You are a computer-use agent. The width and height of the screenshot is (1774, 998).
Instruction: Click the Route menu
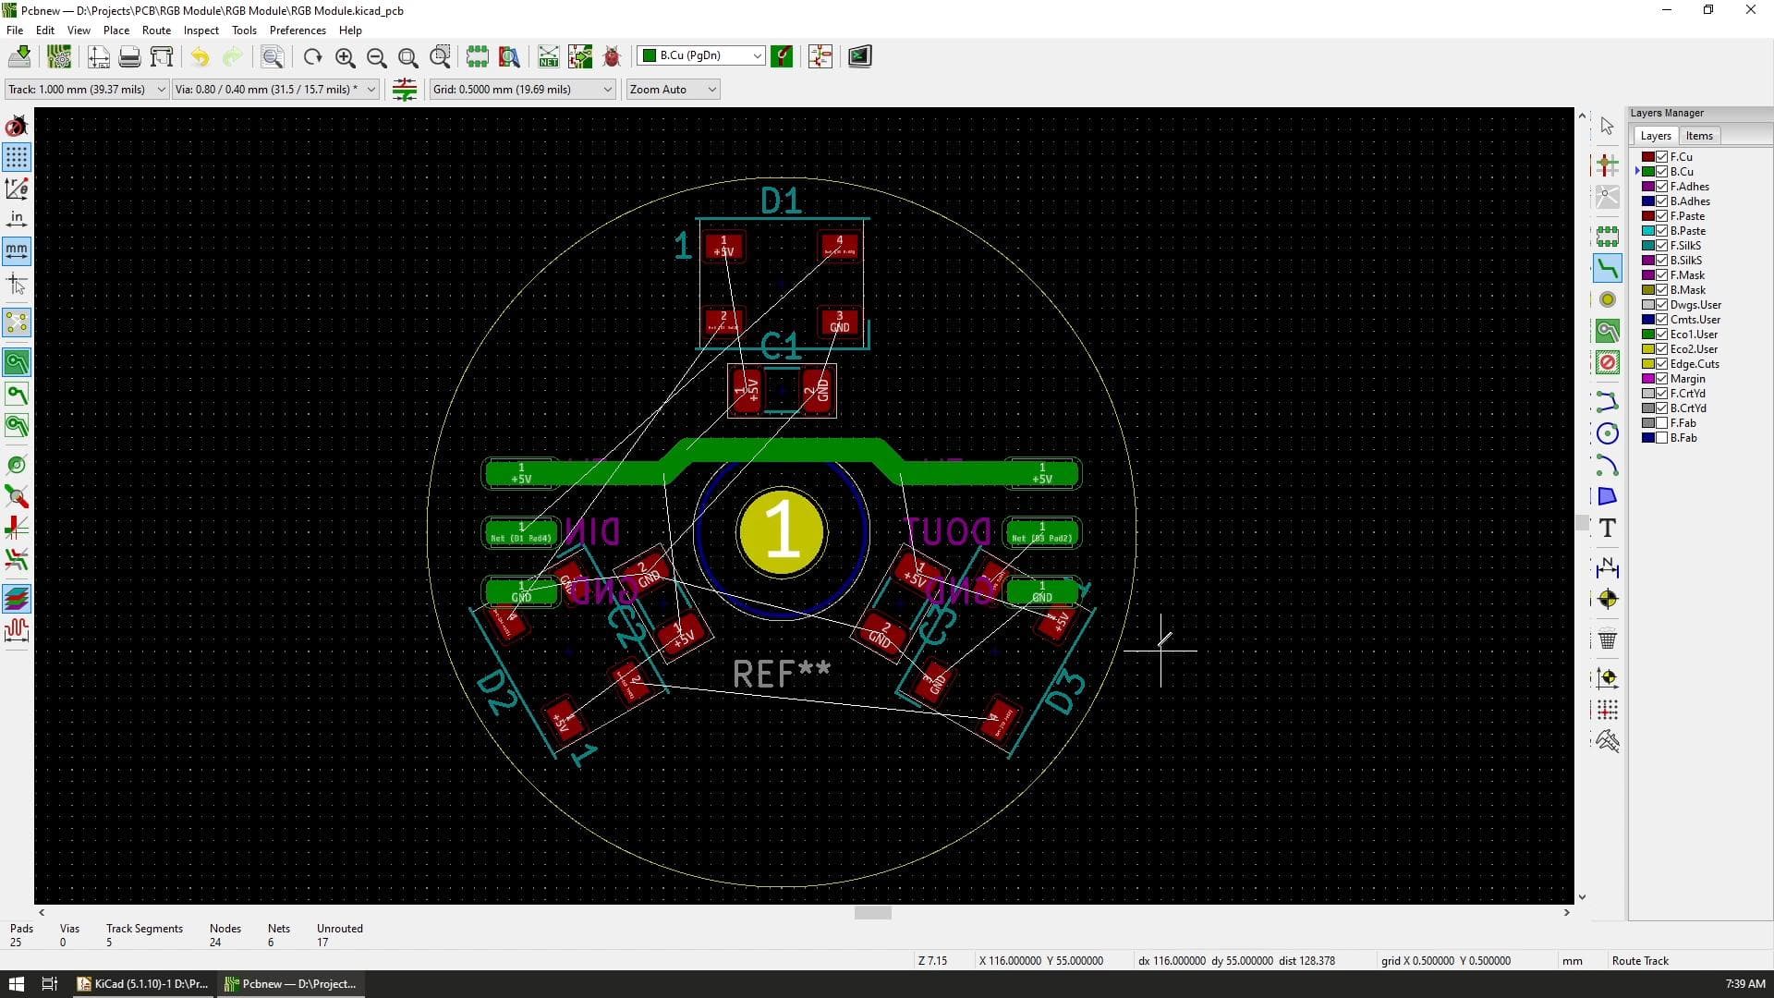(156, 30)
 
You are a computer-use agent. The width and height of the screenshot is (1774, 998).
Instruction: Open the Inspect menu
(200, 30)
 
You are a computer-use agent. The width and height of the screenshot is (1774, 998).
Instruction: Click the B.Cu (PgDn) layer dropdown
(701, 55)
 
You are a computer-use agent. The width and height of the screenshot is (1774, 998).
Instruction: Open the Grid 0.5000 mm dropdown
(522, 89)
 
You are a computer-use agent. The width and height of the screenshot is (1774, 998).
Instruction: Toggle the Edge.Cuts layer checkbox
(1661, 364)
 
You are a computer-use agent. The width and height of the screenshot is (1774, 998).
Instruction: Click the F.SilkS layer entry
(1685, 246)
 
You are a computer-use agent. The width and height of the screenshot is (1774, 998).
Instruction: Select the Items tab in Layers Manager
(1698, 136)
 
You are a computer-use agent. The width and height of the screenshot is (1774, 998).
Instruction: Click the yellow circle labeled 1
(782, 532)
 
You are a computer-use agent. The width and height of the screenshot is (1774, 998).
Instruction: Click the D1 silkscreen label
(781, 201)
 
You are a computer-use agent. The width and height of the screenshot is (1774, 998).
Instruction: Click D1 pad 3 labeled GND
(839, 322)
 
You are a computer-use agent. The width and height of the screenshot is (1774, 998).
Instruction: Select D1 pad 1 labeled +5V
(723, 246)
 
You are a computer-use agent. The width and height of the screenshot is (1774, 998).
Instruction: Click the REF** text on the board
(781, 674)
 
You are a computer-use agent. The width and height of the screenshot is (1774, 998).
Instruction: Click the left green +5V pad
(521, 473)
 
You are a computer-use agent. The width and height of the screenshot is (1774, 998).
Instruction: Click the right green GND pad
(1041, 591)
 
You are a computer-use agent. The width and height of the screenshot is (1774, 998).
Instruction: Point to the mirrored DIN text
(592, 532)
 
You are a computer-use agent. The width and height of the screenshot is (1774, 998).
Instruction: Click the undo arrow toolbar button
(200, 57)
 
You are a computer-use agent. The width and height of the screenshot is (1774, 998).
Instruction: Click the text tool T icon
(1607, 529)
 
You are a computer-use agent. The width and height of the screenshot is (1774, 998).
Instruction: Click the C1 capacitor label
(781, 347)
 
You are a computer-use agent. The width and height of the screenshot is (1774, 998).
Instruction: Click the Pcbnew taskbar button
(291, 983)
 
